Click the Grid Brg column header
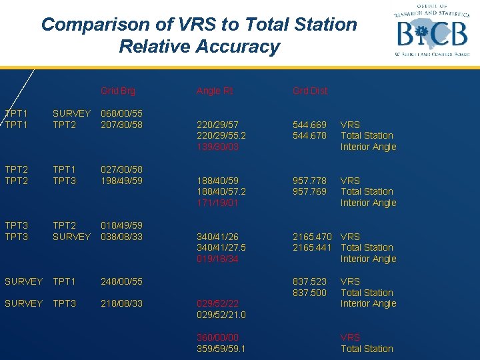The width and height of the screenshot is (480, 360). pos(118,91)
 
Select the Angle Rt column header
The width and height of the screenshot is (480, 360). pos(215,91)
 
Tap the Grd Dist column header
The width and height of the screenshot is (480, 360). pos(310,91)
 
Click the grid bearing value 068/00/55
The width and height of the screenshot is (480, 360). pos(121,113)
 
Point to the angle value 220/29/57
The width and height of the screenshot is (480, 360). pos(217,125)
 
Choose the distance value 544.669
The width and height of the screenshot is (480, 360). pos(310,125)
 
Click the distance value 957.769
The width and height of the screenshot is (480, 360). pos(310,191)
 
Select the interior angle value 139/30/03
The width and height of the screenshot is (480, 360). pos(217,147)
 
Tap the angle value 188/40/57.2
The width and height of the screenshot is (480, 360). pos(221,191)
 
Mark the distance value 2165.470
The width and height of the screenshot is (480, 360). pos(313,237)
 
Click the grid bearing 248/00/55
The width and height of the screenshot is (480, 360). pos(121,281)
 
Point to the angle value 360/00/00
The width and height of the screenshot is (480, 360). pos(217,337)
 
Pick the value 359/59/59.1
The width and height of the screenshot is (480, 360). pos(221,349)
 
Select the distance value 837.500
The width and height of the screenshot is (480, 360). pos(310,293)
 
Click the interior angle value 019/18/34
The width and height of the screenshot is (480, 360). pos(217,259)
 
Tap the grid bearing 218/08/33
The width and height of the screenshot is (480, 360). pos(121,303)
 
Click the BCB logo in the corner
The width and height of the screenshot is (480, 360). pos(430,31)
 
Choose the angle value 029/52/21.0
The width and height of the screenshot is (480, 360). pos(221,315)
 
